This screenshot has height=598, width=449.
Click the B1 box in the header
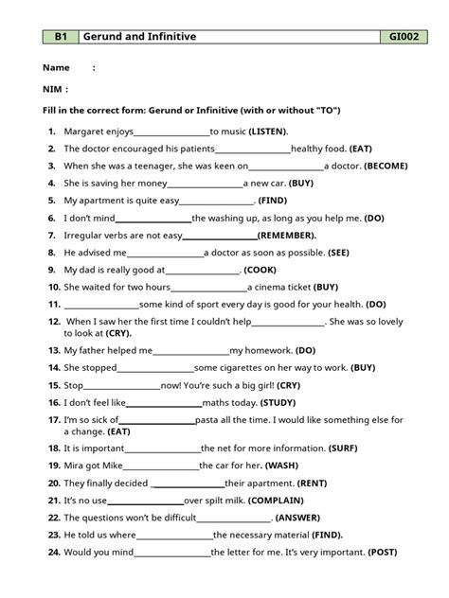[60, 37]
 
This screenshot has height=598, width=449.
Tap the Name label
[57, 68]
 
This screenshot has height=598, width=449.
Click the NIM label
[54, 90]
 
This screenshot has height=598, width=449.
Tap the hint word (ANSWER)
[301, 518]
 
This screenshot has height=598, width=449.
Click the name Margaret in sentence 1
[84, 132]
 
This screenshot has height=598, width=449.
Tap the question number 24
[53, 551]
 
